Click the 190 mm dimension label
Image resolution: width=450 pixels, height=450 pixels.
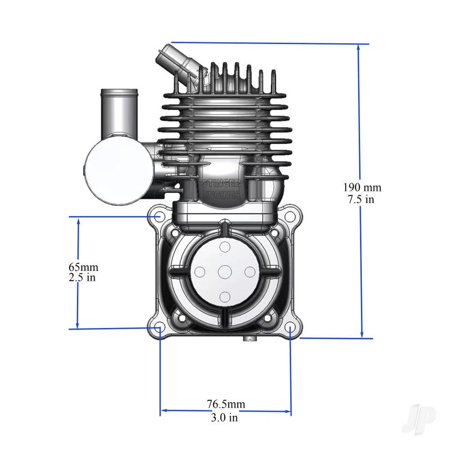[x=362, y=187]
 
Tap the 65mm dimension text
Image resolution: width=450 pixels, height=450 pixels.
[x=83, y=267]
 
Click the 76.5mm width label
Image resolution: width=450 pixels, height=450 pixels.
[x=225, y=404]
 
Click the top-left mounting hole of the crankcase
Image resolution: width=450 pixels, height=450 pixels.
[x=159, y=217]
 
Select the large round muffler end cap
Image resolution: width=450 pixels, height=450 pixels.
[x=117, y=171]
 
